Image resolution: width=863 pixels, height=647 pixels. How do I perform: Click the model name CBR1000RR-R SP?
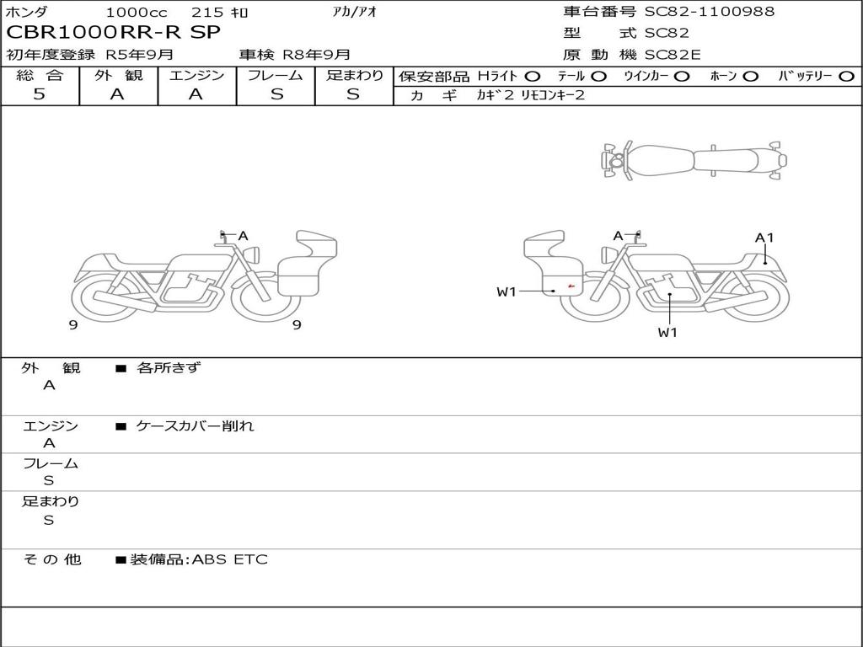(x=113, y=33)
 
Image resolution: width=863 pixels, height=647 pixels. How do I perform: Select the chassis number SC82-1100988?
(x=710, y=11)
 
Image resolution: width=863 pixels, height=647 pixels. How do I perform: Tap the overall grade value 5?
(x=39, y=94)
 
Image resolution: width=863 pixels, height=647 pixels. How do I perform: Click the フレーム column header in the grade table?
(x=276, y=75)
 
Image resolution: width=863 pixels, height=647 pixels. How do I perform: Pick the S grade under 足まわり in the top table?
(x=353, y=94)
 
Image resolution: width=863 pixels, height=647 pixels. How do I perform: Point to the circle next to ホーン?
(x=750, y=77)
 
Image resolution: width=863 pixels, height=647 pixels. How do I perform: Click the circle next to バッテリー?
(x=847, y=77)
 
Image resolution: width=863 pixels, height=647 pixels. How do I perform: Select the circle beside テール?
(x=599, y=77)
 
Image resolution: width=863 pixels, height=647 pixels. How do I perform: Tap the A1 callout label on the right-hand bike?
(x=764, y=238)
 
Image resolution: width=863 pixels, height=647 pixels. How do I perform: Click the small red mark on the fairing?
(x=571, y=286)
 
